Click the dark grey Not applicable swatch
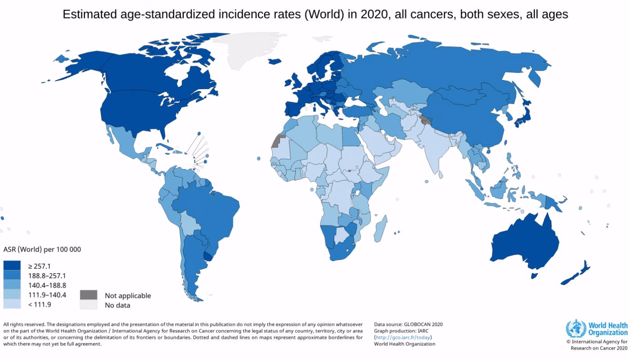coord(89,295)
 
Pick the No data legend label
coord(117,306)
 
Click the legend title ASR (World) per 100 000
coord(42,249)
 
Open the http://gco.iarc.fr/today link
coord(403,337)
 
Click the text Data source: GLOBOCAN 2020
coord(408,324)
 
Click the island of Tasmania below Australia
coord(534,275)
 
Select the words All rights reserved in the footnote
coord(24,324)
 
